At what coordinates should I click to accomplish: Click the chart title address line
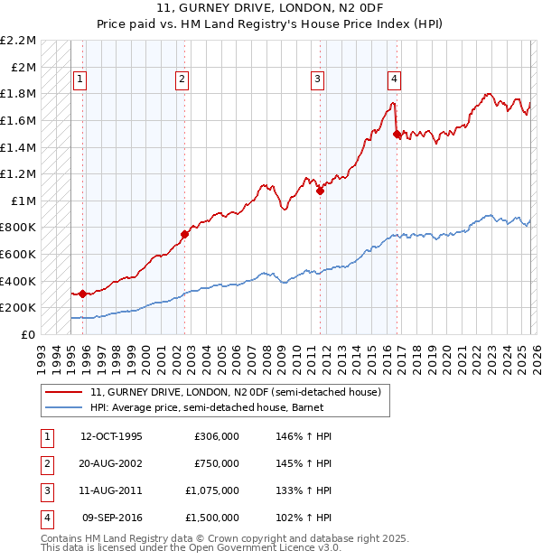click(270, 10)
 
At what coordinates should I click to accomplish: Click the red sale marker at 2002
click(184, 234)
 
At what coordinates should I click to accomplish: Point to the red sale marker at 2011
click(320, 191)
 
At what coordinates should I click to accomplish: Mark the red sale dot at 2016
click(397, 134)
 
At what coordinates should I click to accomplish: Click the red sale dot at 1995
click(82, 294)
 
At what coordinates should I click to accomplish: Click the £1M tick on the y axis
click(24, 201)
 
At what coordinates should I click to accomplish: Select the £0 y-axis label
click(30, 334)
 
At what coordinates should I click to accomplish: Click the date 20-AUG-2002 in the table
click(111, 463)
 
